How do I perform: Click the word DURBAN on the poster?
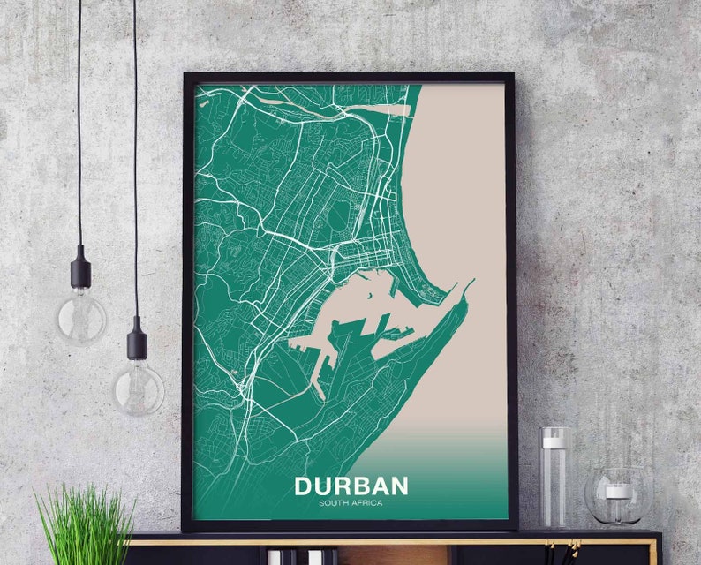click(x=350, y=486)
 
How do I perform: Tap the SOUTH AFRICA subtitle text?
click(x=350, y=504)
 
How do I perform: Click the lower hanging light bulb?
click(x=138, y=385)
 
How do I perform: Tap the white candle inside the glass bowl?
click(x=618, y=492)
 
